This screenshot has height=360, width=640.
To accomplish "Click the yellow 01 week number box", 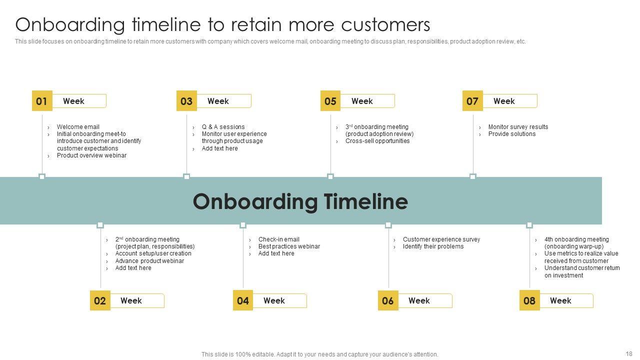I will [x=41, y=101].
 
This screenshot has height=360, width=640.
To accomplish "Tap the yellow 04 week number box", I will [x=243, y=300].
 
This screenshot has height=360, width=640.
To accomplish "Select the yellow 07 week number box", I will [x=472, y=101].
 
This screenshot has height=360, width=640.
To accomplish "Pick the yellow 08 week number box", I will [x=529, y=300].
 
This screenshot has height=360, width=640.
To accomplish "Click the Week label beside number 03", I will [x=218, y=101].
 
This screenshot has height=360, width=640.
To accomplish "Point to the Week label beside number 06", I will [x=419, y=300].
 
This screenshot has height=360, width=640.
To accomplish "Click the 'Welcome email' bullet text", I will [x=78, y=127].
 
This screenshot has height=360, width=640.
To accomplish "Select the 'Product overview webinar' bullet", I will [x=91, y=155].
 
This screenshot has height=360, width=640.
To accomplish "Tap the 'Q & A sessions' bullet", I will [x=223, y=127].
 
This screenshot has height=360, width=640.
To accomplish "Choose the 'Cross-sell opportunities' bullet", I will [x=377, y=141].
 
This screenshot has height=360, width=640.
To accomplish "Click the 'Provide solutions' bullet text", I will [x=511, y=134].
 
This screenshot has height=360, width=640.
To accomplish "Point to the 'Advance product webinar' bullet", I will [x=149, y=261].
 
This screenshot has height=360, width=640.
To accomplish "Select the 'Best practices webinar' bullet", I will [x=289, y=246].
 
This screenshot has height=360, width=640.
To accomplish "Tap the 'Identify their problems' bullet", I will [x=433, y=246].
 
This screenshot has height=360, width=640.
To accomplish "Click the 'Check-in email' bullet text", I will [x=278, y=239].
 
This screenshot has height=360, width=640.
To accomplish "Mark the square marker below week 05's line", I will [x=330, y=176].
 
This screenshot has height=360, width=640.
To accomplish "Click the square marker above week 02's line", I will [x=100, y=225].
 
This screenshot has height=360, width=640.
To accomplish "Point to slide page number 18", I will [x=628, y=353].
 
